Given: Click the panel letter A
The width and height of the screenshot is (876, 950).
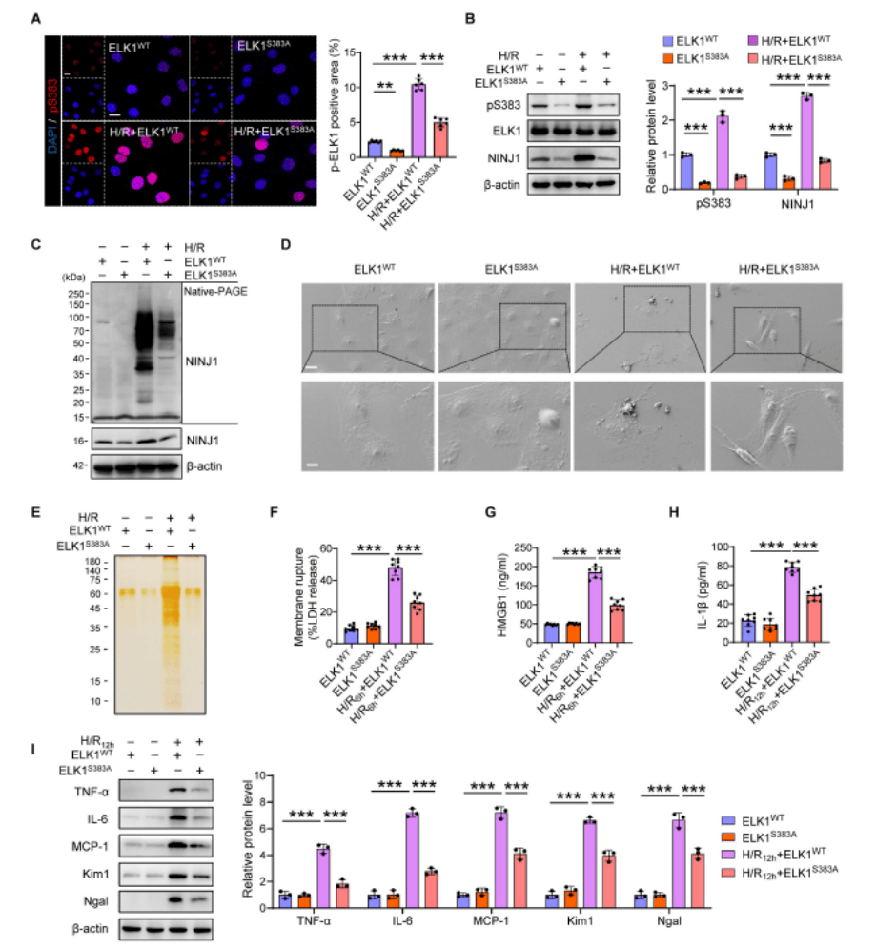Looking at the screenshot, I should [35, 18].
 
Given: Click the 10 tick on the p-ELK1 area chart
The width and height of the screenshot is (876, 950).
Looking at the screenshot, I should [356, 88].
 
